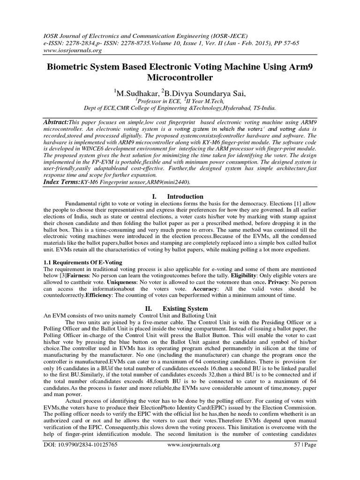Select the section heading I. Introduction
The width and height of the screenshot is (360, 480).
click(x=180, y=196)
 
